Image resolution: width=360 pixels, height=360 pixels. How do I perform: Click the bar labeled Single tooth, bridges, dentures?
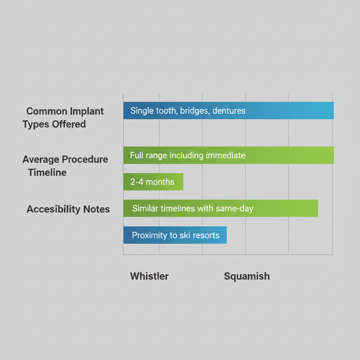[x=229, y=111]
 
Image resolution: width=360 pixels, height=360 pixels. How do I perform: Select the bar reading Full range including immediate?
[x=229, y=155]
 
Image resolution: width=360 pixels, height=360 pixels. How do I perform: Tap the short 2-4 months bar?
[x=153, y=182]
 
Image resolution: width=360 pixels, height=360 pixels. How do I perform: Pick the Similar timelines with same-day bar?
[x=220, y=208]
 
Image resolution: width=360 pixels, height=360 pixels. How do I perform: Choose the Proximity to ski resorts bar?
[x=175, y=235]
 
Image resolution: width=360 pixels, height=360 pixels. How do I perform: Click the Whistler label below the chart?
[x=149, y=276]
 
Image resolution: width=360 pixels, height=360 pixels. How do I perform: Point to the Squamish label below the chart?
[x=247, y=276]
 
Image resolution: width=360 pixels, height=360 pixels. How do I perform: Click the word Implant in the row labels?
[x=86, y=111]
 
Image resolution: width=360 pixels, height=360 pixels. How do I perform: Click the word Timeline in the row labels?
[x=47, y=173]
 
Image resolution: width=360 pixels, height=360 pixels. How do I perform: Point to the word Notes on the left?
[x=96, y=210]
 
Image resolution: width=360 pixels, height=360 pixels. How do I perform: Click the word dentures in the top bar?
[x=229, y=111]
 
